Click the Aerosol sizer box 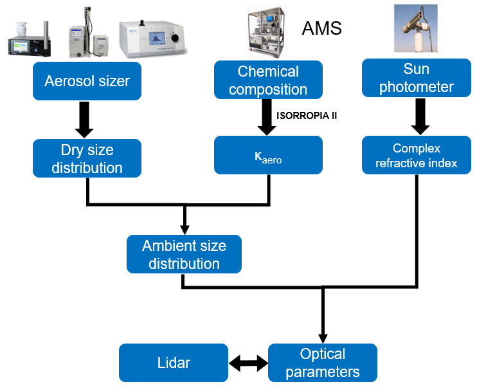pos(87,81)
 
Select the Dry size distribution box pos(87,158)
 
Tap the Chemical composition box pos(268,80)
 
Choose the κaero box pos(268,155)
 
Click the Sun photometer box pos(416,78)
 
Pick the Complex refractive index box pos(416,155)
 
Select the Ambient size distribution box pos(184,254)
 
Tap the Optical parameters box pos(322,363)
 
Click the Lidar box pos(174,363)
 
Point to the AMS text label pos(321,28)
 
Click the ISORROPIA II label pos(307,116)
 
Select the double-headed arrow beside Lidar pos(248,363)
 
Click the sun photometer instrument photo pos(416,28)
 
